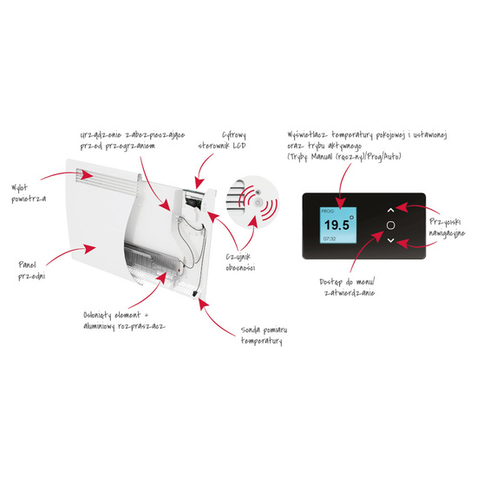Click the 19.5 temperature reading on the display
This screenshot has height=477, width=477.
click(x=337, y=225)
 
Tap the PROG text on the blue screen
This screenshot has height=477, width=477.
click(x=327, y=211)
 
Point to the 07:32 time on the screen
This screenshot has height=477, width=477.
click(x=330, y=238)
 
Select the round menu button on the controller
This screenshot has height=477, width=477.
click(x=390, y=225)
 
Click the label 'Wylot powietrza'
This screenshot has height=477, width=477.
click(x=29, y=193)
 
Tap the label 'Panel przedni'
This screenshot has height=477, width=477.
click(x=31, y=271)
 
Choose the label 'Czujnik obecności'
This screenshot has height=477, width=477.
click(x=240, y=262)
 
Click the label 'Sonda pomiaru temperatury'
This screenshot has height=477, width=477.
click(x=264, y=336)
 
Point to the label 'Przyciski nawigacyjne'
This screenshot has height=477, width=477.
click(x=447, y=227)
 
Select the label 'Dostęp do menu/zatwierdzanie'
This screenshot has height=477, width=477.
click(x=347, y=287)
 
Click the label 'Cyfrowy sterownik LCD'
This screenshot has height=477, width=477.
click(x=222, y=140)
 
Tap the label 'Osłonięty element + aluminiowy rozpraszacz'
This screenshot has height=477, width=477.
click(x=124, y=321)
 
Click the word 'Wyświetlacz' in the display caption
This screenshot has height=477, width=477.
click(x=308, y=134)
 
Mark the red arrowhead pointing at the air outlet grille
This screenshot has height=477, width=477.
click(x=88, y=174)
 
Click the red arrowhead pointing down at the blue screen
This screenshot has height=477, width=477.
click(x=341, y=202)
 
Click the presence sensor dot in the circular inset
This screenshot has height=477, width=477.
click(x=258, y=202)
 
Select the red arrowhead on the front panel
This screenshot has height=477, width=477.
click(x=89, y=249)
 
